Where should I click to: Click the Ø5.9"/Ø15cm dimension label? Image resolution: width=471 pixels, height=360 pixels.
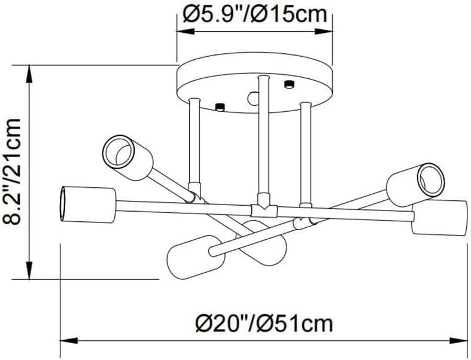255,14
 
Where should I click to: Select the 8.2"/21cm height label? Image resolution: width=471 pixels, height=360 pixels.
11,172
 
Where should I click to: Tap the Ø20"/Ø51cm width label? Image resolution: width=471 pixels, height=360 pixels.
265,324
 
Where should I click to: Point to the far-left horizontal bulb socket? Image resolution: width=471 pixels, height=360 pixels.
88,205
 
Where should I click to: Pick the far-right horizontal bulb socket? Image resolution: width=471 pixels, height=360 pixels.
440,218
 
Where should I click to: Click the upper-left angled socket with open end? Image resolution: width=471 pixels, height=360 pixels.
127,158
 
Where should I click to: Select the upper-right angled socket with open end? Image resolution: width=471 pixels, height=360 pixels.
415,181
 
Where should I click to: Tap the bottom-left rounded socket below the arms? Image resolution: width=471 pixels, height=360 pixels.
196,257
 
